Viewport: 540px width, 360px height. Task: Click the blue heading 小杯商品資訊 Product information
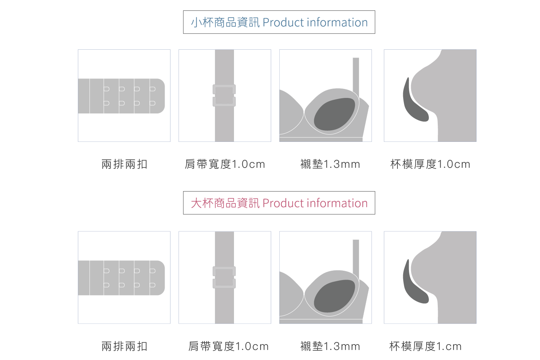(279, 22)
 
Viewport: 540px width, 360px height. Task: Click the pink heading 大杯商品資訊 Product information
(279, 203)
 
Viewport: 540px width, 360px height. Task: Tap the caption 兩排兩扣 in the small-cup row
(124, 164)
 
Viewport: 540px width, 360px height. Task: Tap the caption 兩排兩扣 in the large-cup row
(124, 346)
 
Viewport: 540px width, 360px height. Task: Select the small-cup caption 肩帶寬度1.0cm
(225, 164)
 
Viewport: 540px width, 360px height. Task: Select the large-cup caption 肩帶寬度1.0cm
(228, 346)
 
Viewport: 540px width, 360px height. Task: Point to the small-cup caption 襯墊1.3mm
(330, 164)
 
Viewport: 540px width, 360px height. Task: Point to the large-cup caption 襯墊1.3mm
(330, 346)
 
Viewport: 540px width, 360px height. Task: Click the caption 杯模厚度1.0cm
(430, 164)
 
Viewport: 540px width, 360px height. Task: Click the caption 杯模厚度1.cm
(425, 346)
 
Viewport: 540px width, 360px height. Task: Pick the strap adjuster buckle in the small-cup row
(224, 95)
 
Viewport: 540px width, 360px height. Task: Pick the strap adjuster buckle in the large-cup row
(224, 277)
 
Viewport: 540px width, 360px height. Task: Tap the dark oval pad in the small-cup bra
(334, 114)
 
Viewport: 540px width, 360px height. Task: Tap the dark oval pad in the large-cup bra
(334, 296)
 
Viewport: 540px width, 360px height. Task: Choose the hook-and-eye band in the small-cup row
(121, 96)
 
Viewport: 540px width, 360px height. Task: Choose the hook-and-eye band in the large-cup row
(121, 278)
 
